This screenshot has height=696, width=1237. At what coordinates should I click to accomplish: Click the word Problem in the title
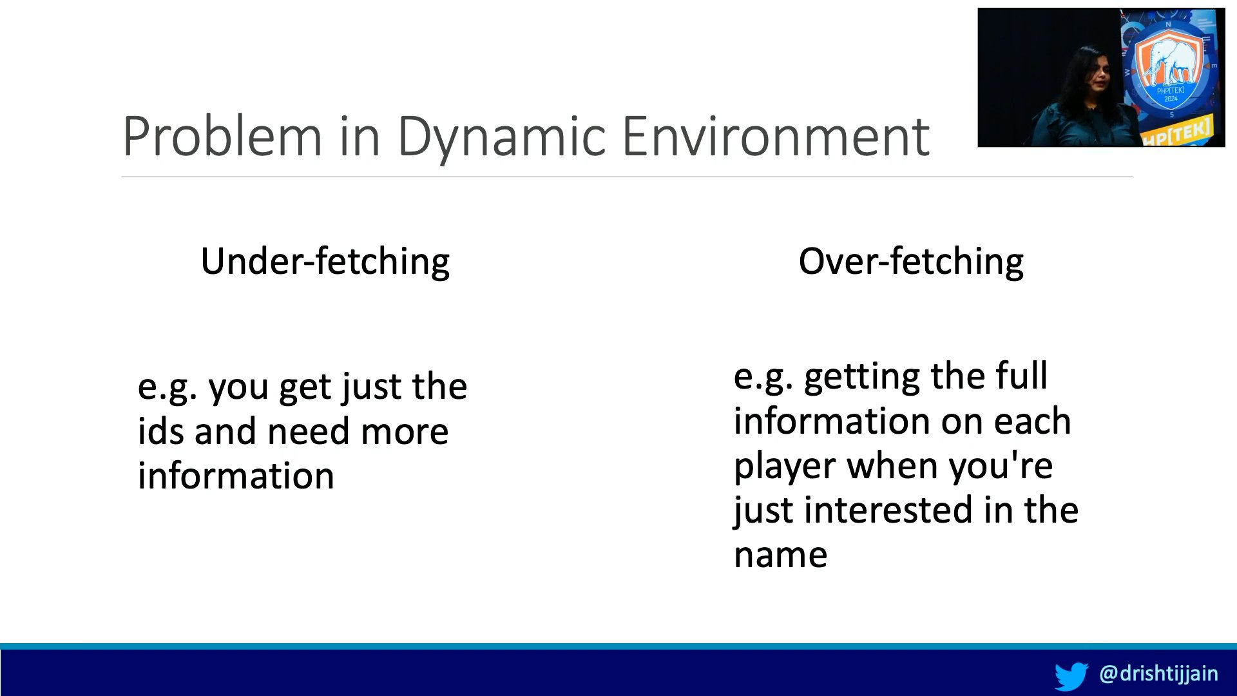tap(222, 136)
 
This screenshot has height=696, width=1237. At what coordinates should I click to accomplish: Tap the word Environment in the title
tap(776, 136)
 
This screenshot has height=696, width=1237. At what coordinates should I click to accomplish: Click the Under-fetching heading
tap(325, 262)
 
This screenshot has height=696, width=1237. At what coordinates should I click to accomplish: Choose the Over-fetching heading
tap(911, 262)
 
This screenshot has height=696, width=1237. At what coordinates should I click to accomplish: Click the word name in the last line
tap(781, 556)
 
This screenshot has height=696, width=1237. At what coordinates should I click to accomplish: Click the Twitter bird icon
tap(1071, 676)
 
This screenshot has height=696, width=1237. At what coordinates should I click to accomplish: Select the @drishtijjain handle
tap(1158, 674)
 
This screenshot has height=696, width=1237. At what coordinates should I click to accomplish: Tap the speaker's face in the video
tap(1098, 80)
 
